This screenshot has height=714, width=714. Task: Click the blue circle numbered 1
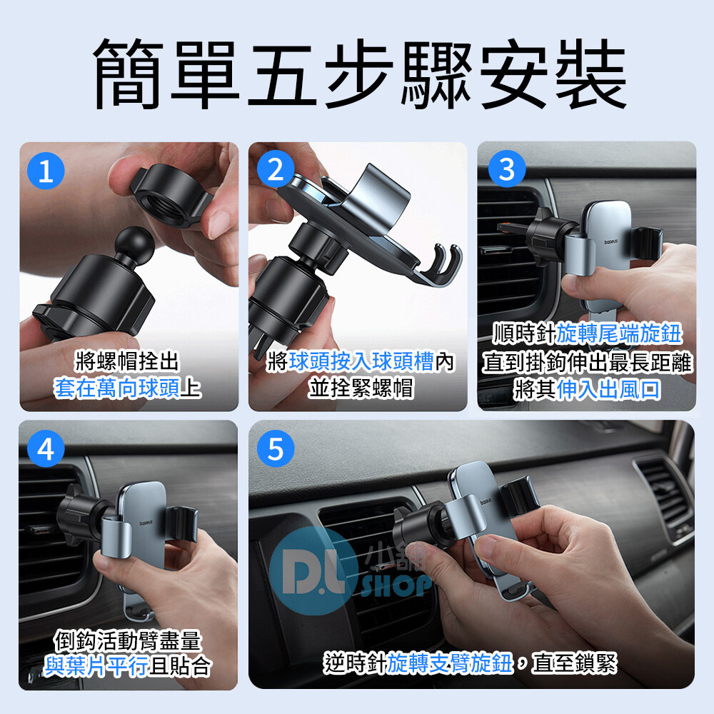pyautogui.click(x=46, y=171)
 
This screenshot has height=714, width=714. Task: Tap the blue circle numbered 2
pyautogui.click(x=276, y=170)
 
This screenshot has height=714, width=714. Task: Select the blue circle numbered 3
pyautogui.click(x=507, y=169)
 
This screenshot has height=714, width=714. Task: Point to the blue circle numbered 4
pyautogui.click(x=46, y=449)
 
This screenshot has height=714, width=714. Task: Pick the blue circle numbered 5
pyautogui.click(x=276, y=449)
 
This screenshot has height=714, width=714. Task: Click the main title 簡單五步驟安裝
pyautogui.click(x=360, y=74)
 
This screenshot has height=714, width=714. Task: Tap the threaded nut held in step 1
pyautogui.click(x=172, y=195)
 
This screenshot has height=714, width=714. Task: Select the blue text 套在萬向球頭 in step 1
pyautogui.click(x=117, y=388)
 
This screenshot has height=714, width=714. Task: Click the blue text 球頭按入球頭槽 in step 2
pyautogui.click(x=361, y=362)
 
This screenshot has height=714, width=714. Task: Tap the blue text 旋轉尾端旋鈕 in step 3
pyautogui.click(x=619, y=333)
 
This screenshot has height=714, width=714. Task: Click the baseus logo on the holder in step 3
pyautogui.click(x=611, y=242)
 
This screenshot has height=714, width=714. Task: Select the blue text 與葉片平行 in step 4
pyautogui.click(x=96, y=666)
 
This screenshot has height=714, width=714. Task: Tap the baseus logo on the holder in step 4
pyautogui.click(x=146, y=523)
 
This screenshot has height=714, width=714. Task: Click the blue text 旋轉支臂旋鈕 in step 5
pyautogui.click(x=449, y=663)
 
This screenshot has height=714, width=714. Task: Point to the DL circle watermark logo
pyautogui.click(x=313, y=571)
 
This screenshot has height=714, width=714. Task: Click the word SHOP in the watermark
pyautogui.click(x=396, y=585)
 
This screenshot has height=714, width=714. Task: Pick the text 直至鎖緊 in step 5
pyautogui.click(x=575, y=663)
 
